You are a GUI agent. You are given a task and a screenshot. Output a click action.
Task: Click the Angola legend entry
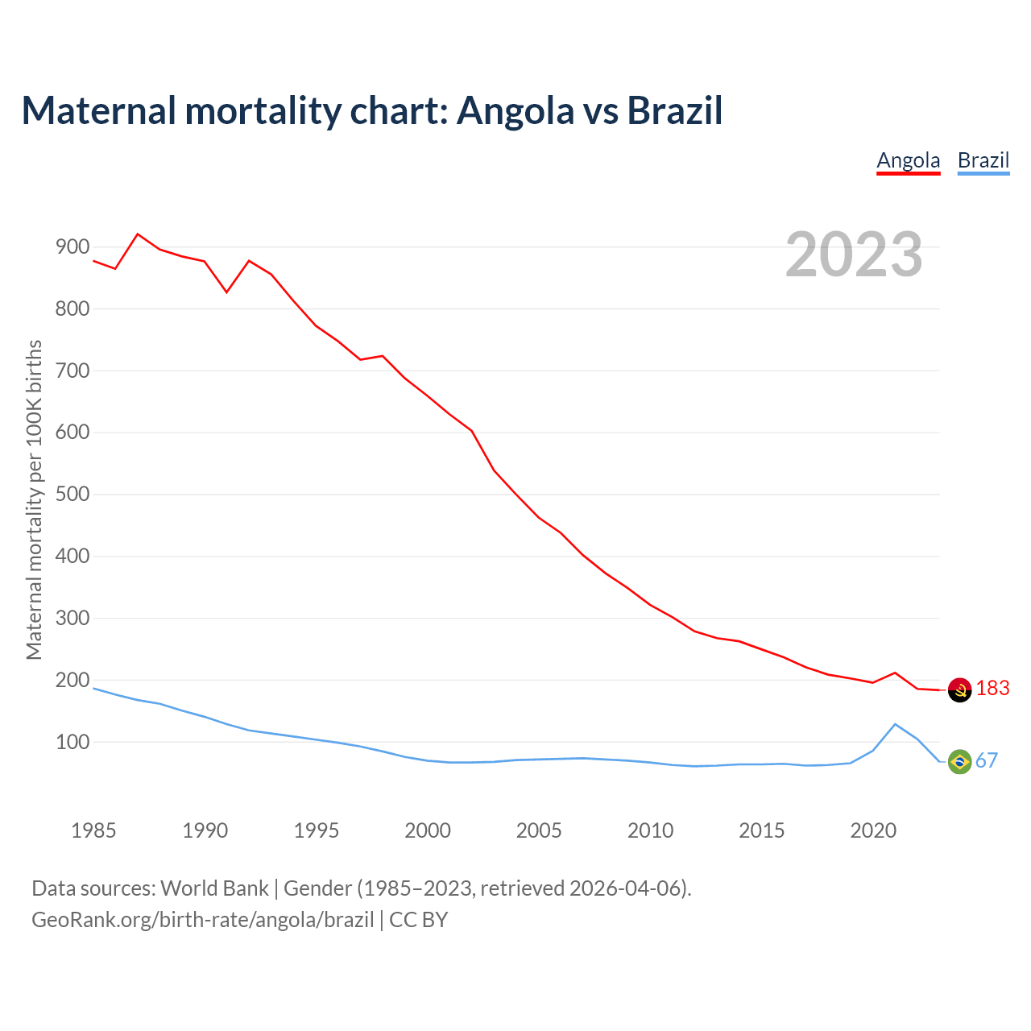(x=908, y=160)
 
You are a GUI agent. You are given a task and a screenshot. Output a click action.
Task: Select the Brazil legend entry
(x=983, y=160)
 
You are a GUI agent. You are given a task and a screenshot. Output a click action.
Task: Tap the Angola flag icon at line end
(x=959, y=689)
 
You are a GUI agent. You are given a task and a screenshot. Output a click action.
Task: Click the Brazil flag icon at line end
(x=959, y=761)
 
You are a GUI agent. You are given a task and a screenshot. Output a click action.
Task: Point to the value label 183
(x=992, y=689)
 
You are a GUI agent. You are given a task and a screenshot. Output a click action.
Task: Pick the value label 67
(x=987, y=761)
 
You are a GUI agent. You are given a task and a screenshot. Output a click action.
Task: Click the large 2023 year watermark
(x=854, y=255)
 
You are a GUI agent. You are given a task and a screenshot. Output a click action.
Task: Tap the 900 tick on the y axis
(x=72, y=247)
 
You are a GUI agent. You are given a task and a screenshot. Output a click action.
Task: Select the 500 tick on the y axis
(x=72, y=495)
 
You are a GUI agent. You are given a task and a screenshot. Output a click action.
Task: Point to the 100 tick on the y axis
(x=72, y=742)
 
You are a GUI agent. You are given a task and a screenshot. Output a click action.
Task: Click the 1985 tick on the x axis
(x=93, y=830)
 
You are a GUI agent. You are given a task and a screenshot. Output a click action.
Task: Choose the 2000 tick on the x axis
(x=428, y=830)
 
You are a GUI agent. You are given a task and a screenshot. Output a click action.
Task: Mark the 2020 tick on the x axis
(x=873, y=830)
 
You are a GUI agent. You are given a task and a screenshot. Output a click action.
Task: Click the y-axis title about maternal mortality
(x=34, y=499)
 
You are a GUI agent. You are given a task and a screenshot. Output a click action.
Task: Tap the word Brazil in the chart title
(x=674, y=111)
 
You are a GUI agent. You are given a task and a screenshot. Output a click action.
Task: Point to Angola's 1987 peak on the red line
(x=138, y=234)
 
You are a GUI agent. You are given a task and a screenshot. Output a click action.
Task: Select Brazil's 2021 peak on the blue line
(x=895, y=724)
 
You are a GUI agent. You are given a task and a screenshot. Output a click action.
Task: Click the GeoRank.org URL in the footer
(x=202, y=920)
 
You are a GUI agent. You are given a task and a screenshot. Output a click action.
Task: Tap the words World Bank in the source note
(x=214, y=888)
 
